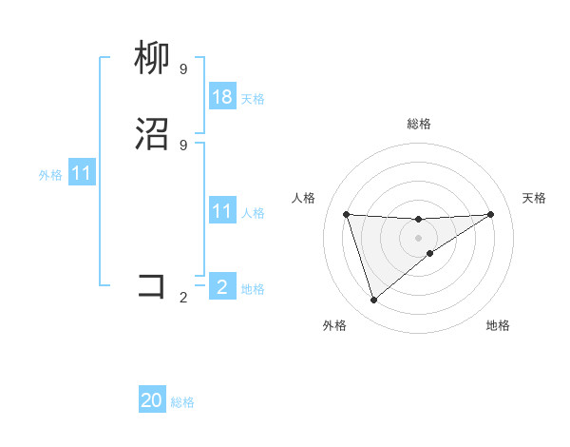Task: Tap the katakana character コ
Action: (x=153, y=286)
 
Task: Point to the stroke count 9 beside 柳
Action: (x=183, y=68)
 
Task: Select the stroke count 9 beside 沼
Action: (x=183, y=145)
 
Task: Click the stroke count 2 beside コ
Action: (x=183, y=297)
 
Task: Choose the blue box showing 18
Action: (x=222, y=97)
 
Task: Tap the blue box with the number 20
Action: (x=152, y=400)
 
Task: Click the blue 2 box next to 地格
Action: (x=222, y=286)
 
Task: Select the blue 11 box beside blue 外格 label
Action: (x=82, y=174)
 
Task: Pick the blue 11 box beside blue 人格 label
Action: (x=222, y=211)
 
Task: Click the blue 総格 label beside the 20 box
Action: (x=182, y=402)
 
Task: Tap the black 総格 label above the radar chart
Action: (x=418, y=124)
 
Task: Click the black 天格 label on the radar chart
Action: (x=535, y=198)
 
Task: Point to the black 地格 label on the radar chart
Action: (x=498, y=325)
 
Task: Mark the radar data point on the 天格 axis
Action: (x=490, y=214)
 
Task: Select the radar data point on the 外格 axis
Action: (x=373, y=301)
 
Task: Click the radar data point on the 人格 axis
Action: (x=346, y=214)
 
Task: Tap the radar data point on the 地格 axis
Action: (x=430, y=253)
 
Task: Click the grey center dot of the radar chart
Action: (x=418, y=237)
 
